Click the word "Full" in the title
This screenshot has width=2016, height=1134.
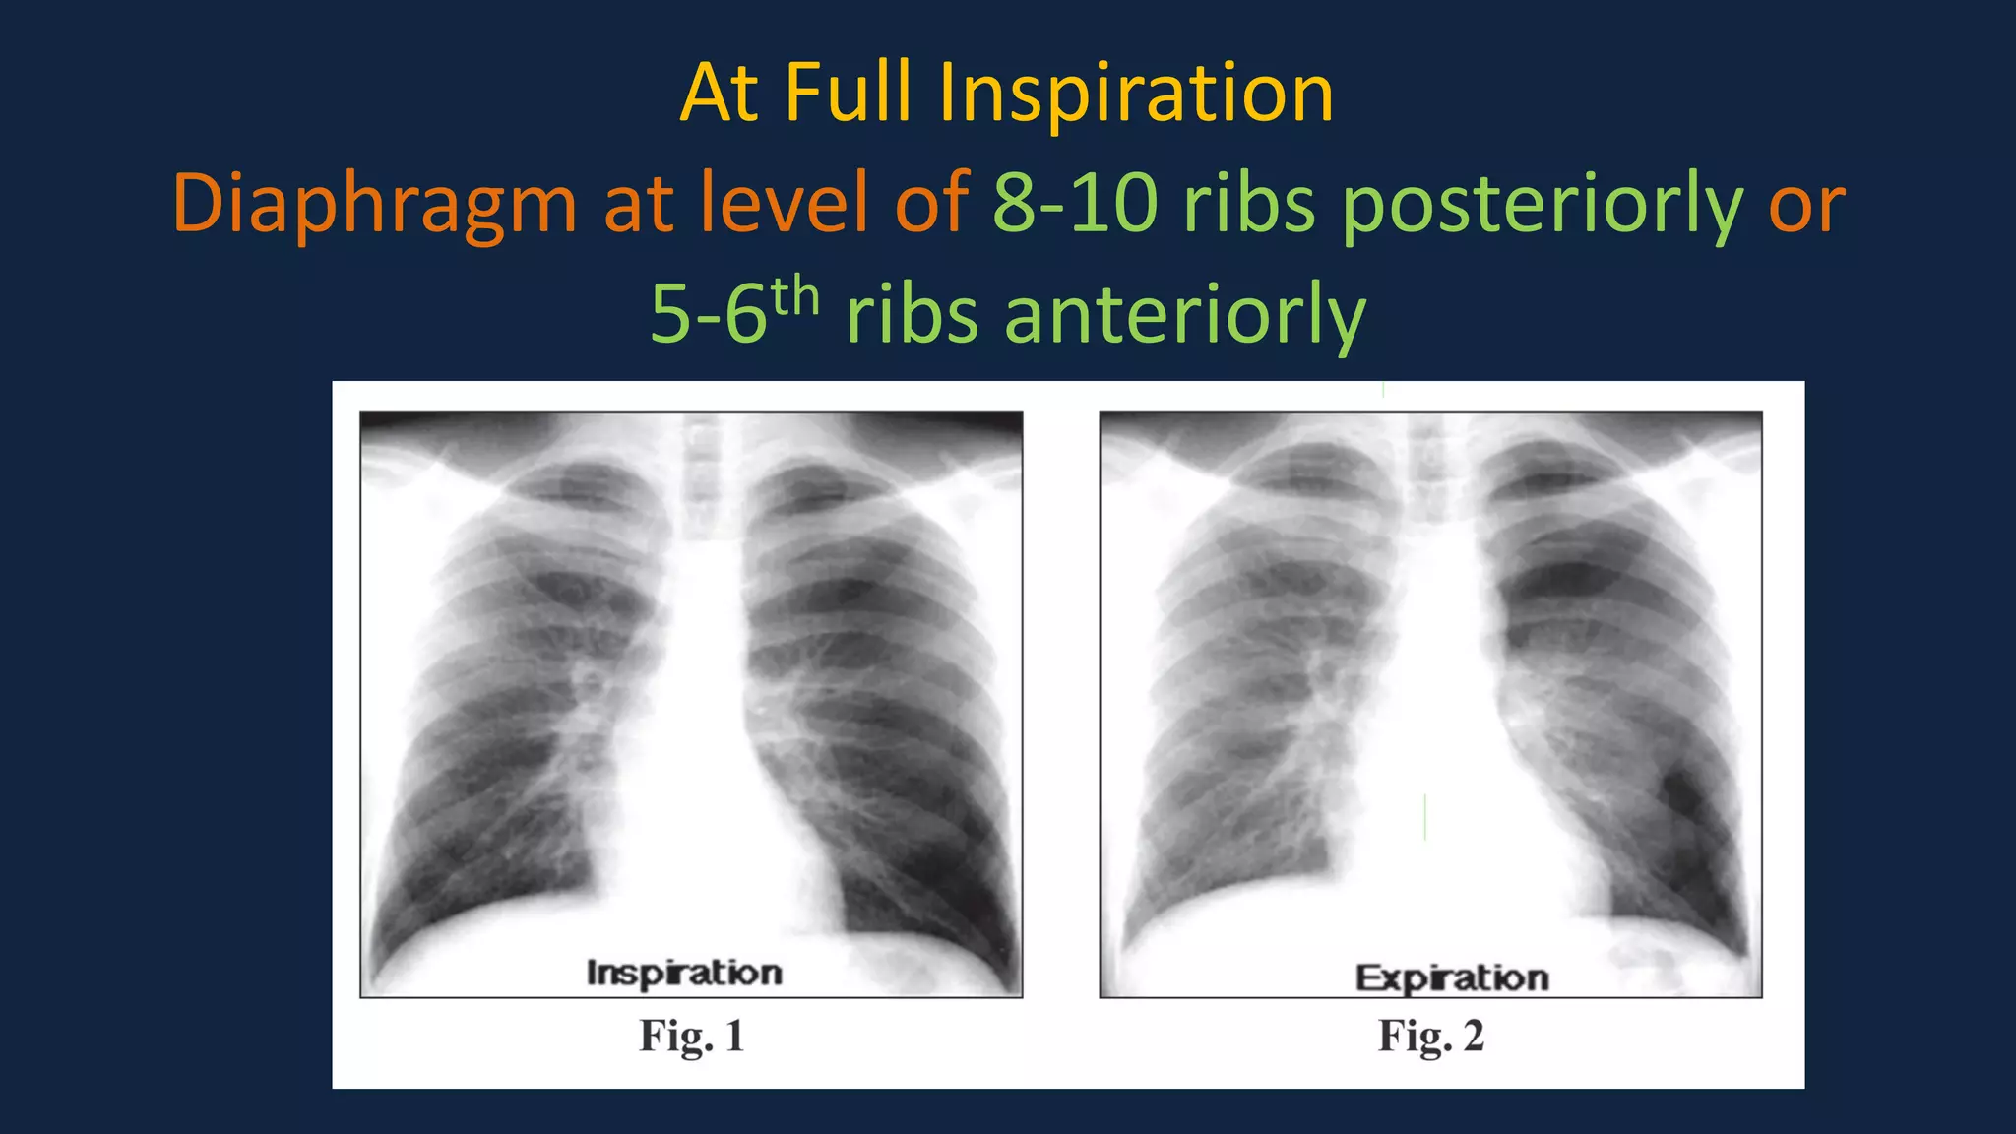click(848, 93)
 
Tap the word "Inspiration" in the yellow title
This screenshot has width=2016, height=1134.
click(1136, 94)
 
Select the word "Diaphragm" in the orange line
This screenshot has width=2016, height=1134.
click(374, 205)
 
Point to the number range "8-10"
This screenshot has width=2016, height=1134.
click(1075, 203)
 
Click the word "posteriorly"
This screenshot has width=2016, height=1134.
click(1543, 205)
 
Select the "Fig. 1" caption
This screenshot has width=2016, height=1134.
click(691, 1037)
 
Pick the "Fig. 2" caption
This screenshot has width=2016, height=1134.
click(1430, 1037)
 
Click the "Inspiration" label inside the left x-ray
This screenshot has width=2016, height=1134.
click(684, 973)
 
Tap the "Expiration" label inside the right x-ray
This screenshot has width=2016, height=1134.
click(1452, 977)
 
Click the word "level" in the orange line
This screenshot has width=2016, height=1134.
click(784, 203)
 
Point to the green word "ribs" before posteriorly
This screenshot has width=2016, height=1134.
click(1248, 203)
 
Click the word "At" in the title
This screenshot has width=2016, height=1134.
click(719, 93)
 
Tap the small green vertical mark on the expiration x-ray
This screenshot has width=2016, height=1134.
click(1424, 817)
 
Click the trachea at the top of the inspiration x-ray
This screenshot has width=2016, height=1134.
click(705, 482)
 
